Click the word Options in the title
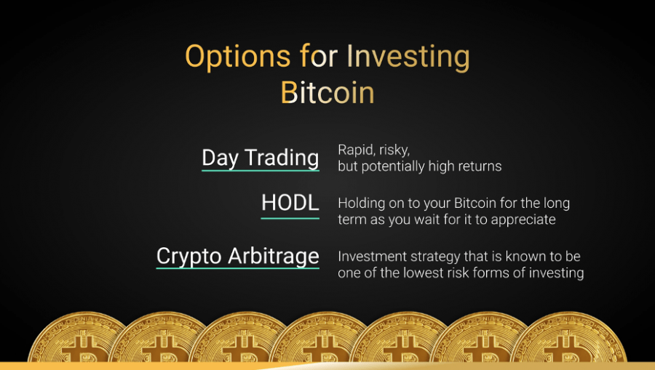click(x=238, y=57)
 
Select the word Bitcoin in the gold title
click(x=327, y=92)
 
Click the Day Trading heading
click(x=261, y=158)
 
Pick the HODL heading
click(x=290, y=203)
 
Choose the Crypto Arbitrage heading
click(x=238, y=256)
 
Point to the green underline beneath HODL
click(x=290, y=218)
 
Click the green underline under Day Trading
click(x=261, y=171)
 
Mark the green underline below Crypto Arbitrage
click(x=238, y=268)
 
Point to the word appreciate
click(x=523, y=220)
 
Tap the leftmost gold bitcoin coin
click(x=77, y=337)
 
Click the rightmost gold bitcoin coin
click(x=568, y=337)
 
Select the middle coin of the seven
click(x=320, y=337)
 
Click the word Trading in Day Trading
click(x=282, y=158)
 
